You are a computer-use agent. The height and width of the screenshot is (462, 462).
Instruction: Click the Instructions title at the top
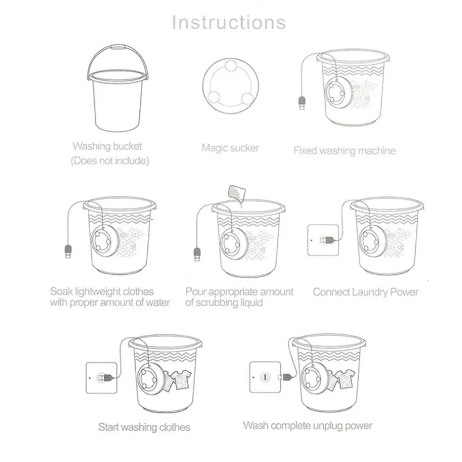pyautogui.click(x=229, y=22)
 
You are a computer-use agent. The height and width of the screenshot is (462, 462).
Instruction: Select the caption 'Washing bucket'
pyautogui.click(x=107, y=147)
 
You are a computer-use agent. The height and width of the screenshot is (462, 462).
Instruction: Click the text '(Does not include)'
pyautogui.click(x=110, y=161)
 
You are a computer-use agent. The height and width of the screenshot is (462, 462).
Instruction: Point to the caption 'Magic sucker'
pyautogui.click(x=230, y=148)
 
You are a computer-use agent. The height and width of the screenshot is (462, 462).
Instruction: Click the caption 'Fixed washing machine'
pyautogui.click(x=344, y=151)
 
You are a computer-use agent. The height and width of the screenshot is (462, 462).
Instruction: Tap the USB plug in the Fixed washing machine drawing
pyautogui.click(x=301, y=103)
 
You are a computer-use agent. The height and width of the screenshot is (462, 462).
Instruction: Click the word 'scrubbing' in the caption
pyautogui.click(x=222, y=303)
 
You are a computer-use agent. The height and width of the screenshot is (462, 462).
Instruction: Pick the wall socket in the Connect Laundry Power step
pyautogui.click(x=321, y=239)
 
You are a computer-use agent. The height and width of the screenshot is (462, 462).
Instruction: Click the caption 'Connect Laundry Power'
pyautogui.click(x=366, y=292)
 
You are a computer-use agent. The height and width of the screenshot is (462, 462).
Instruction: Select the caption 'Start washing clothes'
pyautogui.click(x=144, y=427)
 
